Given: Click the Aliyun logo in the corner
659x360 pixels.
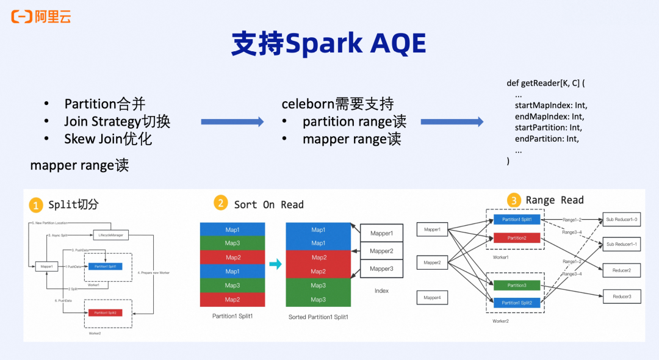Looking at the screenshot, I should (x=41, y=16).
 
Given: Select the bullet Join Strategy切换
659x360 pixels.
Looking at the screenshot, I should (x=117, y=121).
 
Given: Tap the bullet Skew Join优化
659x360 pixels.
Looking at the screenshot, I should (x=108, y=139).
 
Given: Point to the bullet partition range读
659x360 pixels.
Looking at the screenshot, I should (x=354, y=121).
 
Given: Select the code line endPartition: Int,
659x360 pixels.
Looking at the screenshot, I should (x=547, y=139).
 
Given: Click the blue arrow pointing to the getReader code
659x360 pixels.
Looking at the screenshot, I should (x=452, y=122).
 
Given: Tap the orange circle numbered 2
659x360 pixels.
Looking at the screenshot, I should (x=220, y=203).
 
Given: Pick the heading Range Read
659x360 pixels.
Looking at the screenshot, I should (x=554, y=200).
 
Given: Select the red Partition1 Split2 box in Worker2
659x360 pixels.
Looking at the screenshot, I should (x=105, y=312).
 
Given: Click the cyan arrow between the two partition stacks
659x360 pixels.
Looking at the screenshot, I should (x=275, y=264).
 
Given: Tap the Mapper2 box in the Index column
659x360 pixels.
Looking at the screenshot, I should (x=381, y=251).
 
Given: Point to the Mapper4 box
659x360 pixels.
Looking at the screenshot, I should (x=432, y=298).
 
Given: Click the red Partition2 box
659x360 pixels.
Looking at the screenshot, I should (x=517, y=238).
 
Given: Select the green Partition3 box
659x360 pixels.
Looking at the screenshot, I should (x=517, y=285).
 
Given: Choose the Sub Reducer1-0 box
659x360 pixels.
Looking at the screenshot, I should (x=621, y=220).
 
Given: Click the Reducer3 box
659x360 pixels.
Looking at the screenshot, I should (x=622, y=297).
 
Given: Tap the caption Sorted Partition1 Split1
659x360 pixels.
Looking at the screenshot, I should (x=317, y=317).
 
